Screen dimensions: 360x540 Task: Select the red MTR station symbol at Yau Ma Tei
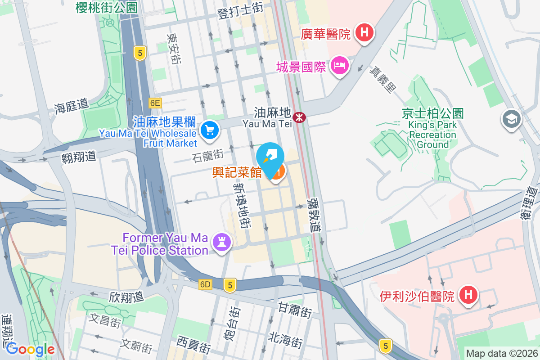point(299,117)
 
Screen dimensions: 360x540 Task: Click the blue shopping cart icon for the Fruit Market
point(209,130)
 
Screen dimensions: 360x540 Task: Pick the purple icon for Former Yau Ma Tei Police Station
point(221,242)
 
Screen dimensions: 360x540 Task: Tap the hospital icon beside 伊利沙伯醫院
point(468,295)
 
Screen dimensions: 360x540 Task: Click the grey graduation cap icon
point(511,119)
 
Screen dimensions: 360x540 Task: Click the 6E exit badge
point(155,103)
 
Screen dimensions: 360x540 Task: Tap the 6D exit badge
point(205,284)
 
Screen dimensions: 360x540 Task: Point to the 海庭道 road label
point(71,106)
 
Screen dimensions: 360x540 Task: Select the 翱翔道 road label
point(79,156)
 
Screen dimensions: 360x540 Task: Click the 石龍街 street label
point(207,156)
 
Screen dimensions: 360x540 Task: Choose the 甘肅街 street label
point(295,310)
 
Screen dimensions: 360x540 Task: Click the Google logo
point(30,349)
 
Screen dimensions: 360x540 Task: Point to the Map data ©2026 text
point(501,353)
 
